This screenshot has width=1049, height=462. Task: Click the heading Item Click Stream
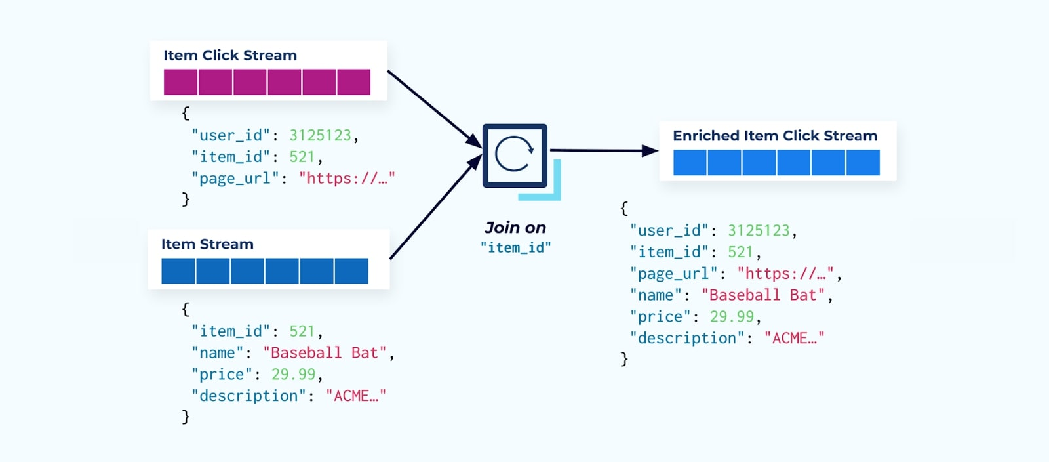coord(230,56)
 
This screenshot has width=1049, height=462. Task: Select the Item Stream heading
coord(207,244)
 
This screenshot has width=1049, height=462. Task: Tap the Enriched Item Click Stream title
coord(774,136)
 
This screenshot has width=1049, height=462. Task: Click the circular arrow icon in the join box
coord(515,154)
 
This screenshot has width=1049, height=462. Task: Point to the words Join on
coord(515,228)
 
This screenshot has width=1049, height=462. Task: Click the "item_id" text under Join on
coord(515,247)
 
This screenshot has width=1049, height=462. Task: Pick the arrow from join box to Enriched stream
coord(603,151)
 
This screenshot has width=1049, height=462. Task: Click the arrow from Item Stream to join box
coord(434,209)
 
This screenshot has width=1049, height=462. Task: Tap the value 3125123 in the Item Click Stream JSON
coord(321,135)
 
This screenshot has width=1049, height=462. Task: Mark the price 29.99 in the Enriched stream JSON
coord(732,317)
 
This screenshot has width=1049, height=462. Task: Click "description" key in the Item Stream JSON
coord(248,396)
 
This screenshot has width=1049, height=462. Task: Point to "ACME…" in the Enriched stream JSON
coord(794,339)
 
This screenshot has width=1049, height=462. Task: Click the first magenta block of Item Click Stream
coord(180,82)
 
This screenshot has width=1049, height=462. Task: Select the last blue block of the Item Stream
coord(351,271)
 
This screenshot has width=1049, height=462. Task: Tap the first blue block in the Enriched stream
coord(690,162)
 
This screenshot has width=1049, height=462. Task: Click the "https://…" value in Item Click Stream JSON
coord(346,178)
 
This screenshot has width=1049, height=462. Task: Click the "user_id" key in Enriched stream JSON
coord(669,230)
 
